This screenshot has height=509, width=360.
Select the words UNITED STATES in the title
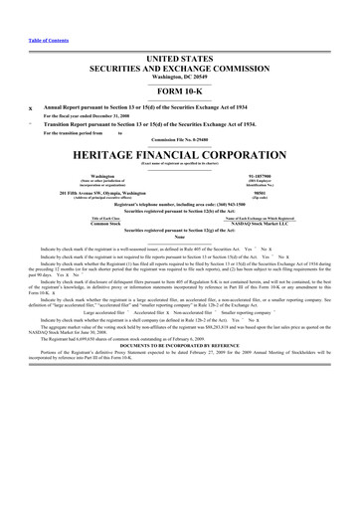(x=179, y=61)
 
